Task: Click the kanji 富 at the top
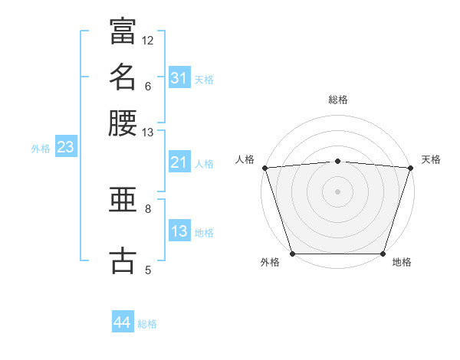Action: coord(123,31)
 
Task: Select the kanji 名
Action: coord(123,77)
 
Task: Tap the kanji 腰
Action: coord(123,123)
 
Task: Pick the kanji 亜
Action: coord(123,200)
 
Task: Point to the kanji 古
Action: coord(123,260)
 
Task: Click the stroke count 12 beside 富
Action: coord(147,41)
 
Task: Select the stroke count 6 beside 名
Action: coord(148,87)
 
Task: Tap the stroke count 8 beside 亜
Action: coord(148,209)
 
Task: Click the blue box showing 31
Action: coord(179,77)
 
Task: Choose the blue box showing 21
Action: coord(179,162)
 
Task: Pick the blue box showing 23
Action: coord(66,146)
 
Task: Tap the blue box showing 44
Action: coord(123,321)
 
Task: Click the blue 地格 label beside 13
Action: coord(204,233)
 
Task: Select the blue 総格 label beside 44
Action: coord(147,324)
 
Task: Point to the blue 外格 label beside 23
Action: coord(41,149)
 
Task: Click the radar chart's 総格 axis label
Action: coord(338,100)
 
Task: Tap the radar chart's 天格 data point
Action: coord(411,168)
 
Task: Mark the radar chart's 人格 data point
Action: coord(265,168)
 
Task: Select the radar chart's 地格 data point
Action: coord(383,254)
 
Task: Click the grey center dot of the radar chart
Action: coord(337,191)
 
